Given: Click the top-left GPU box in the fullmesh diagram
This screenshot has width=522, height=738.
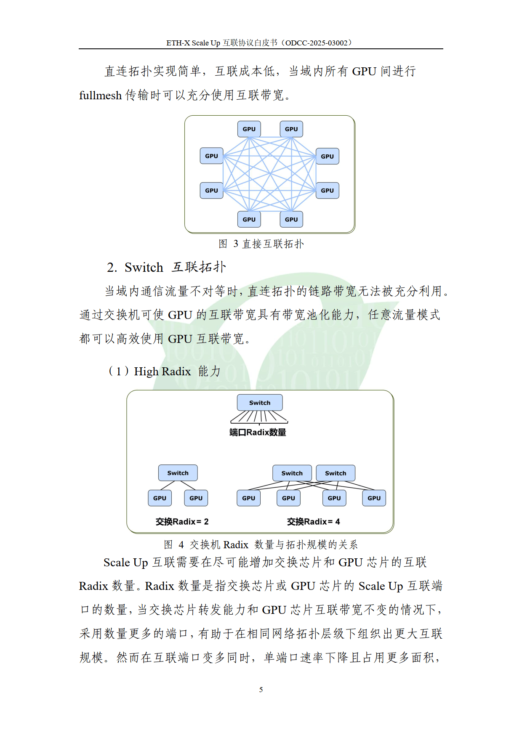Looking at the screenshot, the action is [249, 129].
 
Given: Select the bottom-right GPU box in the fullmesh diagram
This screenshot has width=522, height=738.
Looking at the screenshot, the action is [291, 219].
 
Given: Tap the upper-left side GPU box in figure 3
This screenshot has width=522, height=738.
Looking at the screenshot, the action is [211, 156].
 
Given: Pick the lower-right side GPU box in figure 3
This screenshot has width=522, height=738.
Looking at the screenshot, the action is [328, 190].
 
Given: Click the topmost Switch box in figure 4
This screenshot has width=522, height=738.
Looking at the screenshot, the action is [260, 403].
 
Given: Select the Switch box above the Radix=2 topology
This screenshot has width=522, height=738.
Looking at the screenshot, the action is [178, 473].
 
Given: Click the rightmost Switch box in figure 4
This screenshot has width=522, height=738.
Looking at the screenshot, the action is [336, 473].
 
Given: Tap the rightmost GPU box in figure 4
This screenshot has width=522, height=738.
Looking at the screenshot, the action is [374, 498].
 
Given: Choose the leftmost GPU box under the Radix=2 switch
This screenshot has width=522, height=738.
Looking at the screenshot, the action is [160, 498].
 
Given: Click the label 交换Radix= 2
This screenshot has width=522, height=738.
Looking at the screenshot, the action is [182, 522].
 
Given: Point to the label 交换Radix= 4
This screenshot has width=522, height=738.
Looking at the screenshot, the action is [314, 522].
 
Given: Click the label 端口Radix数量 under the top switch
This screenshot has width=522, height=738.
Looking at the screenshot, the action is [258, 432].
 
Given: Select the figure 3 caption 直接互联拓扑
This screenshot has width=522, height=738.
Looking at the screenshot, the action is [273, 244].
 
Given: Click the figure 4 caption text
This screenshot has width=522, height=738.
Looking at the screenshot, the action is [261, 545].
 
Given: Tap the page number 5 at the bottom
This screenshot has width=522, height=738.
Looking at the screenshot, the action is [261, 690].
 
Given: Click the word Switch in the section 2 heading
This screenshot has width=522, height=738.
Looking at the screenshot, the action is [144, 267].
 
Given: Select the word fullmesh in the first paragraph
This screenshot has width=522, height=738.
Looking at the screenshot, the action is [100, 96].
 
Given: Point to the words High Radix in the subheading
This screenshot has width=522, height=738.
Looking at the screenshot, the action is [162, 372].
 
